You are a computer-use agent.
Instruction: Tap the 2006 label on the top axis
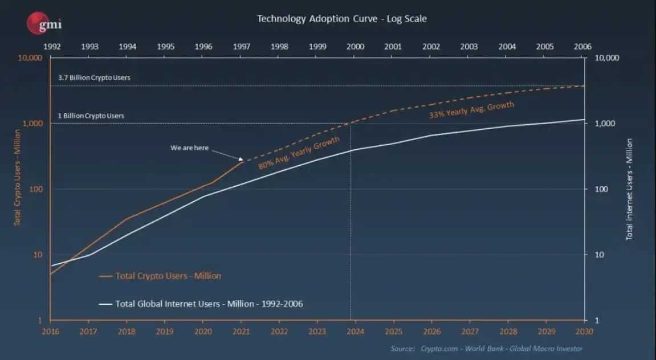[582, 47]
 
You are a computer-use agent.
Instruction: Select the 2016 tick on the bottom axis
[51, 331]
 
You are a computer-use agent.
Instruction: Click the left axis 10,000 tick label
[30, 58]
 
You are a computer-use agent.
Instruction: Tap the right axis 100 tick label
[602, 189]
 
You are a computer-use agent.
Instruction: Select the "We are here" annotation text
[189, 148]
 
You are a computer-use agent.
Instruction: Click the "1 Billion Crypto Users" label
[91, 116]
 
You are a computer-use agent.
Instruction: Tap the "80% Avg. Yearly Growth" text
[299, 153]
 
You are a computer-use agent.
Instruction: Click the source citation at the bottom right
[487, 349]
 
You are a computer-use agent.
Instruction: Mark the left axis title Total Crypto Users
[17, 177]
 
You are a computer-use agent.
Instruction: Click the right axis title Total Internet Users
[629, 188]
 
